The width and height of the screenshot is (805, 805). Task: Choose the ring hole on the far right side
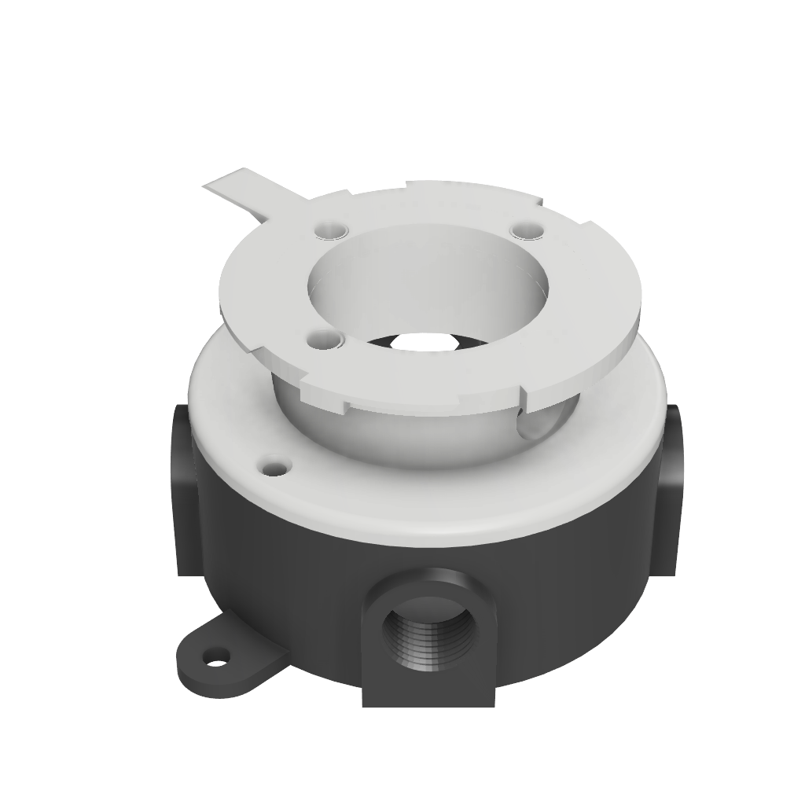click(525, 230)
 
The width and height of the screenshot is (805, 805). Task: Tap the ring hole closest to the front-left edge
click(324, 341)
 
